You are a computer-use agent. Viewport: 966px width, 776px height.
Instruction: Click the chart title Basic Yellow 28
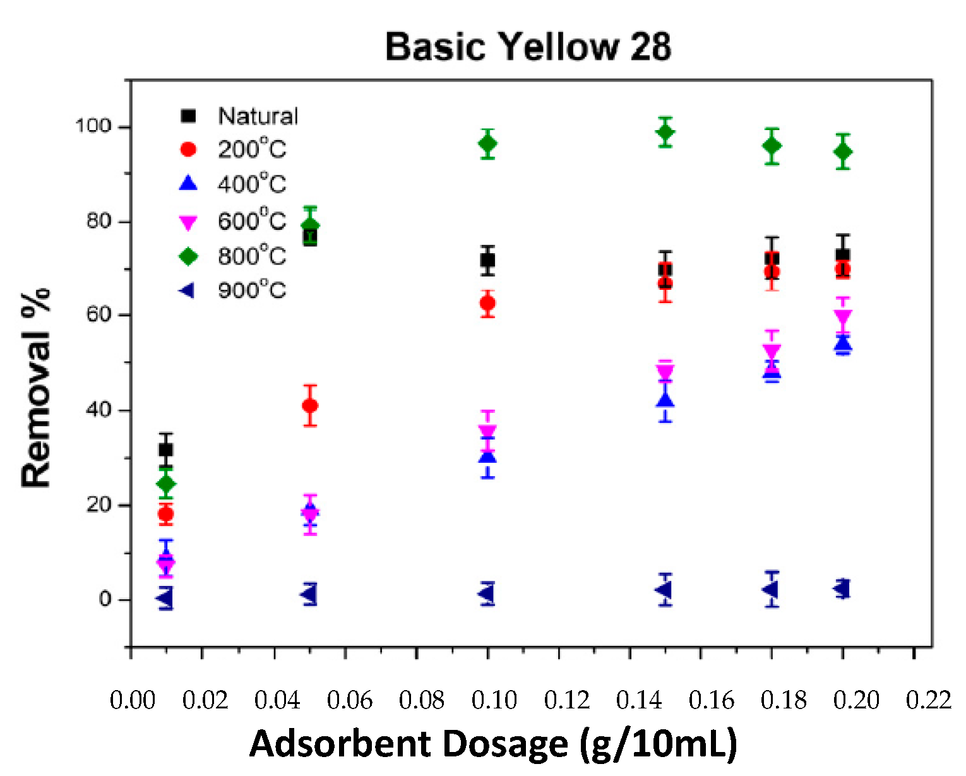[x=528, y=47]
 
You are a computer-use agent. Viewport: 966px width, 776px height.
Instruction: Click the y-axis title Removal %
[x=36, y=387]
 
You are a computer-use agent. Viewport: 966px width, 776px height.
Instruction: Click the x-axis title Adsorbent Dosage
[x=493, y=743]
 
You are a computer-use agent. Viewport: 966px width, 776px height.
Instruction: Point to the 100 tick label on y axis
[x=93, y=126]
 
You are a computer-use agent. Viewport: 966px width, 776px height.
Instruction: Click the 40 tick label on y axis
[x=98, y=410]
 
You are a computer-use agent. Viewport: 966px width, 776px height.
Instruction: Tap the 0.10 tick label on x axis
[x=494, y=700]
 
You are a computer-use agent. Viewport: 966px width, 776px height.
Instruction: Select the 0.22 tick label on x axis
[x=928, y=700]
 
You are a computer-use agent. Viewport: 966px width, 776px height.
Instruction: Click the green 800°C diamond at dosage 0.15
[x=665, y=133]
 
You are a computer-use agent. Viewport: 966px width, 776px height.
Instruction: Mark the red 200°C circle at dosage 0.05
[x=310, y=405]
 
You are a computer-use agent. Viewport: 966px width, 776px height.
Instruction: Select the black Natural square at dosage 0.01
[x=166, y=450]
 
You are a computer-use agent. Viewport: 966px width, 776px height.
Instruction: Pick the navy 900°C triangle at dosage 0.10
[x=486, y=594]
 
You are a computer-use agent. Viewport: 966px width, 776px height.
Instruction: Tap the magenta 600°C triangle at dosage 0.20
[x=842, y=317]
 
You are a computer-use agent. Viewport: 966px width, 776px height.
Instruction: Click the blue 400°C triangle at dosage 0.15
[x=665, y=401]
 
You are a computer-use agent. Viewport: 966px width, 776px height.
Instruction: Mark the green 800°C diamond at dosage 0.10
[x=487, y=144]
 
